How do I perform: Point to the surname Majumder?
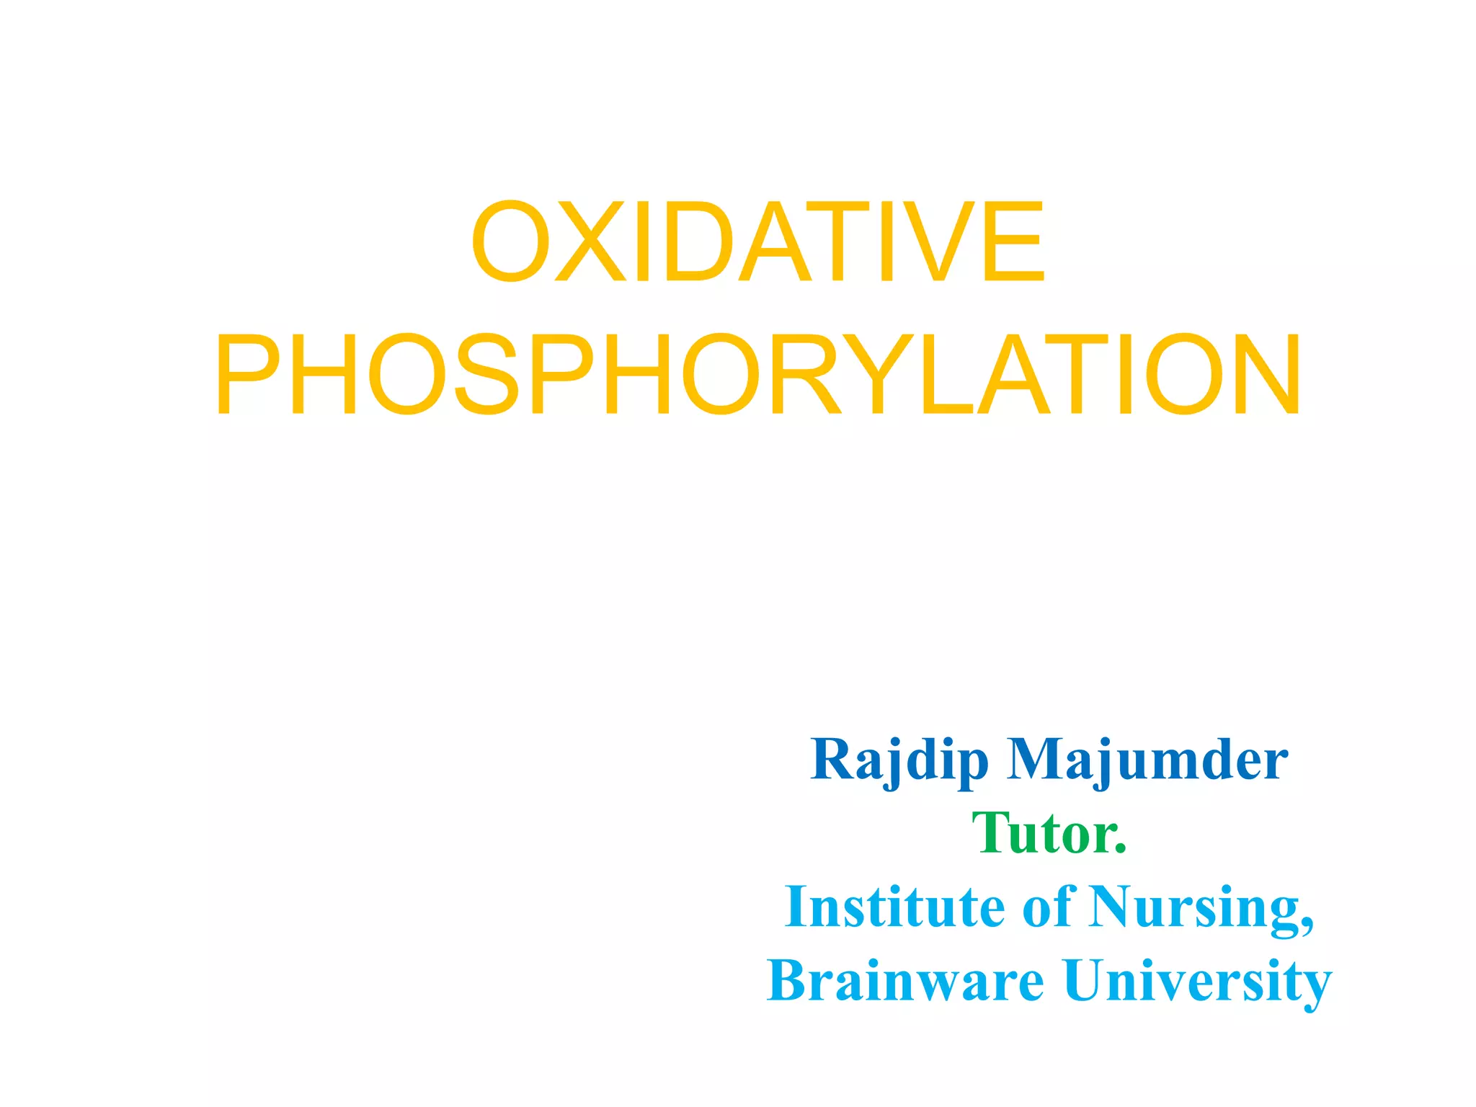(x=1147, y=760)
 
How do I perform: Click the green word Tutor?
(x=1049, y=834)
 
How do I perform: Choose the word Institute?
(x=894, y=907)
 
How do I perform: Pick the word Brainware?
(x=904, y=981)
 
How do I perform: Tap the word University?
(x=1196, y=981)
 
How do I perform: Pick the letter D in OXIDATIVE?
(x=698, y=242)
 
